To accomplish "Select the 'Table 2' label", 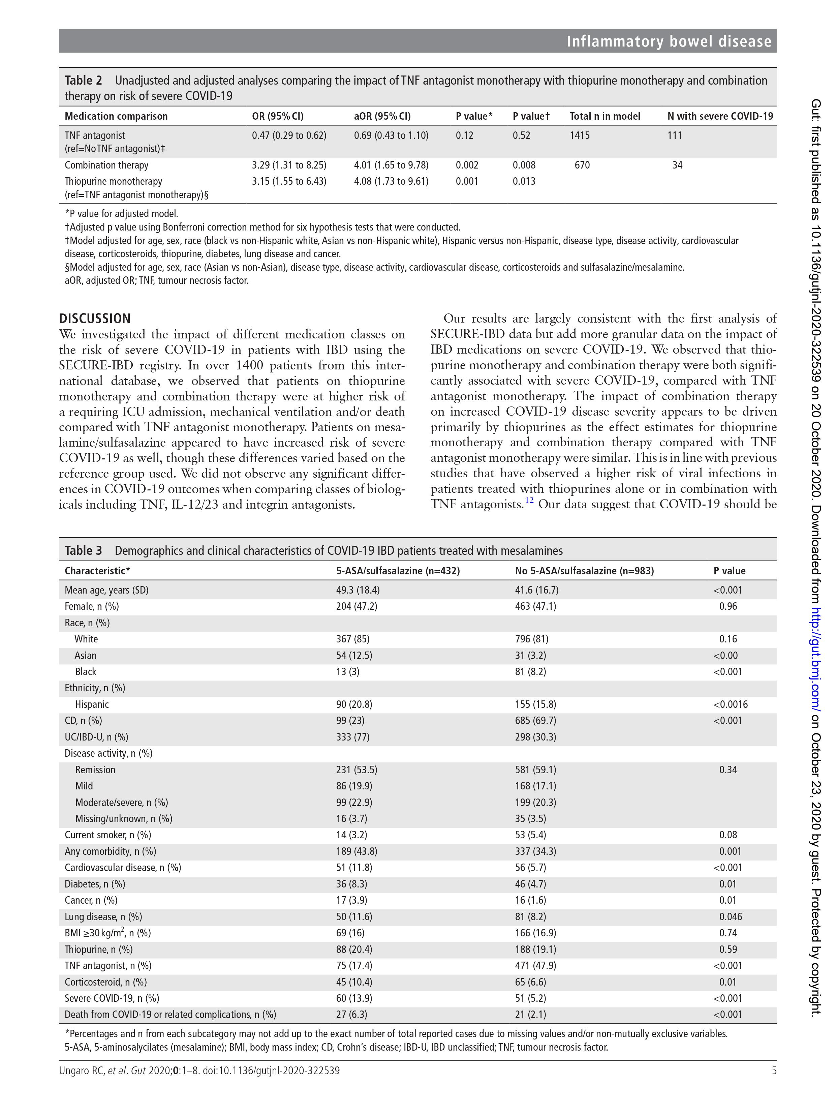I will [x=83, y=81].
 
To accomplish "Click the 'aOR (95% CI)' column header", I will [x=382, y=116].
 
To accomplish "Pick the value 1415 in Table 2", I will [x=580, y=135].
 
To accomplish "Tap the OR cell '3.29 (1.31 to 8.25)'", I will [x=289, y=165].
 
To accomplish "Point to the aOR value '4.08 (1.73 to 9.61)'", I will [x=391, y=181].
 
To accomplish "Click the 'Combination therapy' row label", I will [x=106, y=165].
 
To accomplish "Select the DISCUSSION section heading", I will [x=95, y=319].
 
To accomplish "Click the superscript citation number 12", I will [x=529, y=501].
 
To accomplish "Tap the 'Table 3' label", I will [x=83, y=550].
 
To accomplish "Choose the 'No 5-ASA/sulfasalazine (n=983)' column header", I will [x=584, y=571].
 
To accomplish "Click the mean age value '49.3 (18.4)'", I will [x=358, y=590].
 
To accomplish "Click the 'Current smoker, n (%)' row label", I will [x=108, y=835].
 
